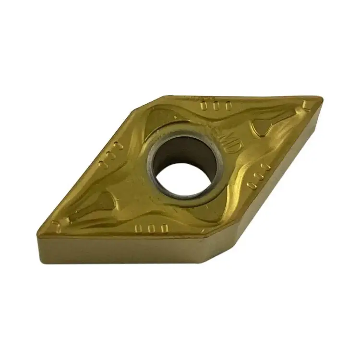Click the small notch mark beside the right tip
click(305, 105)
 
